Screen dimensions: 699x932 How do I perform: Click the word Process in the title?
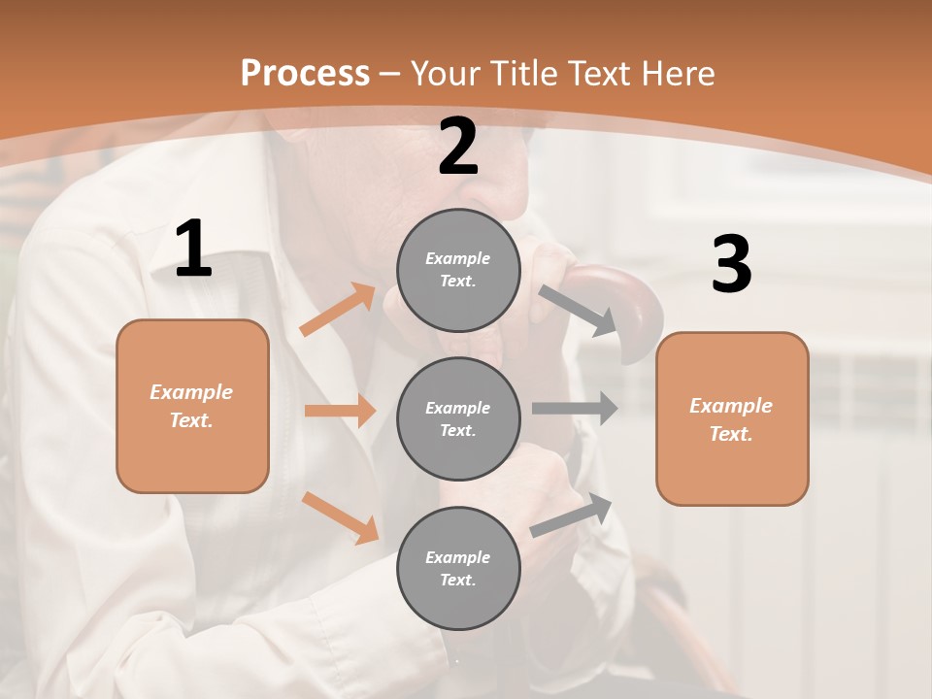(x=305, y=74)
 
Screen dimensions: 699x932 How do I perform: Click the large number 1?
(x=193, y=250)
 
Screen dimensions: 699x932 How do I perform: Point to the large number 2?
(x=458, y=147)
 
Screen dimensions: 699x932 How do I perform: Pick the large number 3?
(x=731, y=265)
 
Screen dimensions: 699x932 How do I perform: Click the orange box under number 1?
(x=192, y=406)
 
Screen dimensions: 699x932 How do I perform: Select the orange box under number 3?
(x=732, y=419)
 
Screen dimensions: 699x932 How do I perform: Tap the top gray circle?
(x=458, y=270)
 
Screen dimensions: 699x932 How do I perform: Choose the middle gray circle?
(x=458, y=419)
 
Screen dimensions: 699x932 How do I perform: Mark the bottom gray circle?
(x=458, y=569)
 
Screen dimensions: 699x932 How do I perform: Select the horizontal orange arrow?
(x=340, y=411)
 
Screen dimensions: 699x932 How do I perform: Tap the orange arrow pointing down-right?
(x=340, y=517)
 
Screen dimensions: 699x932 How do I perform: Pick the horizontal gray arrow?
(x=575, y=408)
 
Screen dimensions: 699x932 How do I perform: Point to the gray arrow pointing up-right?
(x=572, y=516)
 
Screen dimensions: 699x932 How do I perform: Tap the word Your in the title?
(x=446, y=74)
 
